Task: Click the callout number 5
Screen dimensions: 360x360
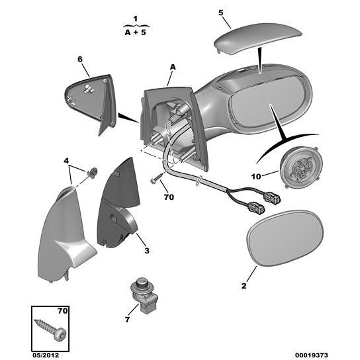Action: (x=220, y=13)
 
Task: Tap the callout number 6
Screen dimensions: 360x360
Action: (x=80, y=60)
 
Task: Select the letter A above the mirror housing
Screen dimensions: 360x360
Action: (x=173, y=67)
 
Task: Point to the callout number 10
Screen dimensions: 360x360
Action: (x=256, y=177)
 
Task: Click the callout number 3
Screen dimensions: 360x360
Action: (x=147, y=251)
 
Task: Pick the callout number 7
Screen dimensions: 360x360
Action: (x=128, y=320)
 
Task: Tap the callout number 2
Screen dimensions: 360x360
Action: (x=244, y=286)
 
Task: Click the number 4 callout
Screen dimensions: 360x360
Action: (x=66, y=161)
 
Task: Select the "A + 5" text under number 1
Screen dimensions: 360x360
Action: (x=136, y=32)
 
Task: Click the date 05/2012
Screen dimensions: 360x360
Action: (x=46, y=355)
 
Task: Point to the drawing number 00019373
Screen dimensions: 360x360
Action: (x=311, y=355)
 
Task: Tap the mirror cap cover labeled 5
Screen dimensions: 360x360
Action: (x=257, y=38)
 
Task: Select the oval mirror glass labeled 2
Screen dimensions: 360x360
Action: (x=285, y=238)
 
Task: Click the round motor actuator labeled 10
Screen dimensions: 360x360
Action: (x=301, y=167)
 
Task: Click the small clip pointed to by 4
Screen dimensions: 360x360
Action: (x=93, y=173)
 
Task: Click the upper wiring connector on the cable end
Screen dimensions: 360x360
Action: (x=273, y=198)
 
